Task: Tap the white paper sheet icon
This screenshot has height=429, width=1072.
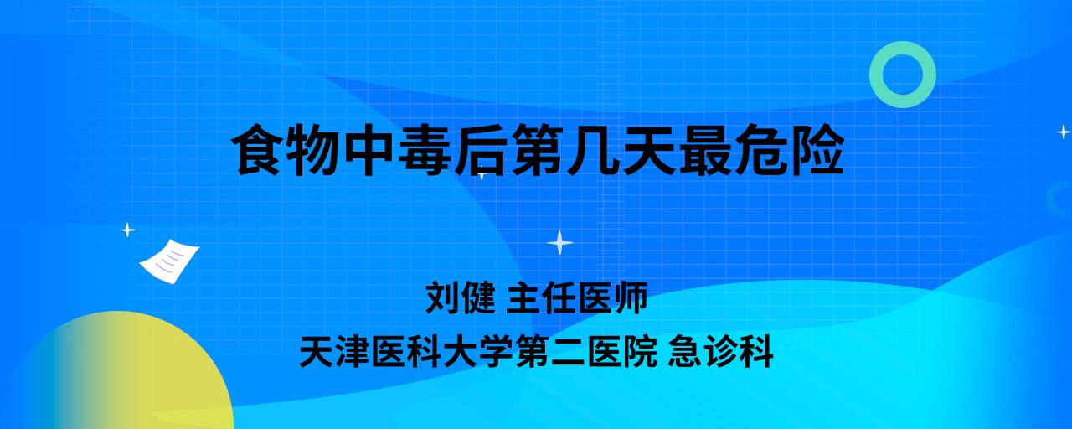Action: point(169,261)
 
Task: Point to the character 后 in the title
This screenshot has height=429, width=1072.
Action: point(481,150)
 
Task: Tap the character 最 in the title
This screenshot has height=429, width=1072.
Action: point(703,150)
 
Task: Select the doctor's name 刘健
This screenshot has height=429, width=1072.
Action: point(461,297)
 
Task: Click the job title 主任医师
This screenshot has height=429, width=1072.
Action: point(577,297)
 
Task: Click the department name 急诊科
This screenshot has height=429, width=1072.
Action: point(721,351)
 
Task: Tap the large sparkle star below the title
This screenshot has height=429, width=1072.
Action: point(560,242)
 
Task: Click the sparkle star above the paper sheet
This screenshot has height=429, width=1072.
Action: point(127,230)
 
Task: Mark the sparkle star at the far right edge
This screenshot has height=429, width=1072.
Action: point(1064,132)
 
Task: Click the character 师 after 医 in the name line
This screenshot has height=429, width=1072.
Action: point(631,297)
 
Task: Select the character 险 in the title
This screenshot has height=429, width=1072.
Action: point(817,150)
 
